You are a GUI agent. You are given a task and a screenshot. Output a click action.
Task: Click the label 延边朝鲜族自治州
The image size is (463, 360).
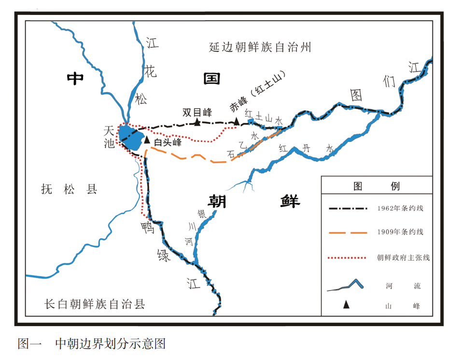pos(260,47)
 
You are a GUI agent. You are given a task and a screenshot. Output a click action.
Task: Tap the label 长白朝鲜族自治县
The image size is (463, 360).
pos(95,304)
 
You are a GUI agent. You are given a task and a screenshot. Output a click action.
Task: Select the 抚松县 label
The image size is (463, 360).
pos(70,189)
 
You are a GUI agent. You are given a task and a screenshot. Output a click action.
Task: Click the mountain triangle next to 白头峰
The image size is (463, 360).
pos(147,140)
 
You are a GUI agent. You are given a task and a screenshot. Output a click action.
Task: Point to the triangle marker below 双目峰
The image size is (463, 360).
pos(197,122)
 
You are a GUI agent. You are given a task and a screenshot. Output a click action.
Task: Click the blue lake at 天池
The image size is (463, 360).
pos(131,136)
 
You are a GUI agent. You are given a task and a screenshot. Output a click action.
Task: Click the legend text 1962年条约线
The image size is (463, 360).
pos(400,208)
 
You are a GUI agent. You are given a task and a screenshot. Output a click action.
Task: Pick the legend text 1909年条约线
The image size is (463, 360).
pos(400,232)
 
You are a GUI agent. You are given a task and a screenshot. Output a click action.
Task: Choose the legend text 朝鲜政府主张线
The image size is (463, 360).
pos(403,258)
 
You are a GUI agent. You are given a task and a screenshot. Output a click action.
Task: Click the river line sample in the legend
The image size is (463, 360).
pos(346,286)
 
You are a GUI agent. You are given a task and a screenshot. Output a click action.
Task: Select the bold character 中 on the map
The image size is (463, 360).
pos(75,78)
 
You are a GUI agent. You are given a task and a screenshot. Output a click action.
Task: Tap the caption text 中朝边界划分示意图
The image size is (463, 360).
pos(111,344)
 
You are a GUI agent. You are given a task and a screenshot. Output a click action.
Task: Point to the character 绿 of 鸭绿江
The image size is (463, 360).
pos(163,255)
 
